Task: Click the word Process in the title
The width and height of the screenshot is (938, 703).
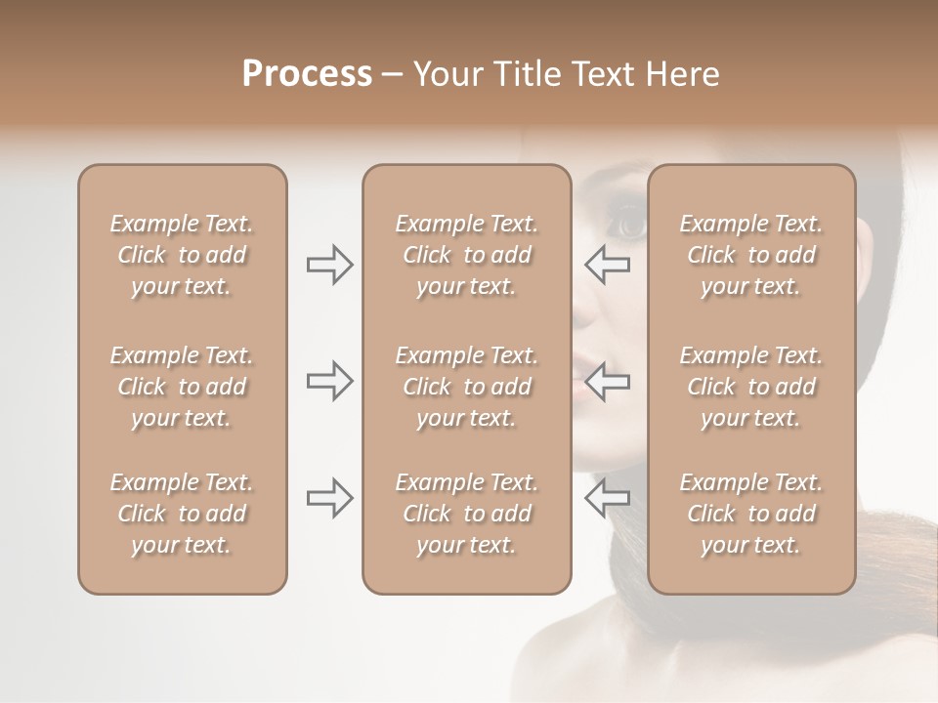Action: pos(307,74)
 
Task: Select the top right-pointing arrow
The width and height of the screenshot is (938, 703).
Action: pos(329,265)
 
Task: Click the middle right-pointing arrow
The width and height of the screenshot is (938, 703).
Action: pos(329,381)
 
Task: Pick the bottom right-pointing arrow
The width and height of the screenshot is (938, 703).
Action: pos(329,498)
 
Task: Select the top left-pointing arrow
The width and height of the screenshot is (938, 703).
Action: pos(608,265)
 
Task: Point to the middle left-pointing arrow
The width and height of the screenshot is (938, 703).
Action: pos(608,381)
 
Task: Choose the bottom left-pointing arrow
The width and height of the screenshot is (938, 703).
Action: pos(608,498)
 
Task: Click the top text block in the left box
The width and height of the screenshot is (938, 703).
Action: pos(182,255)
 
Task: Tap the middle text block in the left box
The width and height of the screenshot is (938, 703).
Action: pos(182,387)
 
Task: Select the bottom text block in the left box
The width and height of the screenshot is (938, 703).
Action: pos(182,514)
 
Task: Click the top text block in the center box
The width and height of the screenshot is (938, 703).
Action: pos(466,255)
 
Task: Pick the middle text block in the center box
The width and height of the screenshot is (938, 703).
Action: pos(466,387)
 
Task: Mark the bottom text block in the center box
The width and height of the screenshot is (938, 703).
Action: pos(466,514)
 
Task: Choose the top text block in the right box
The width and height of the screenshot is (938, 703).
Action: pos(751,255)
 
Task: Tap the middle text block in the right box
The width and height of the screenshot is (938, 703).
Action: pos(751,387)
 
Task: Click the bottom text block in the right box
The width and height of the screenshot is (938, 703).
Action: pos(751,514)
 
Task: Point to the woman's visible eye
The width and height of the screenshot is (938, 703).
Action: pos(628,226)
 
